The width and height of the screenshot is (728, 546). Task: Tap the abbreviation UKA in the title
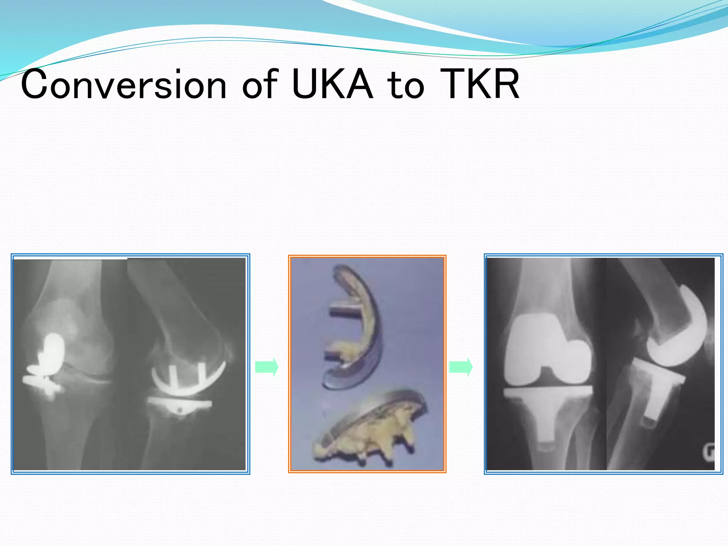point(332,85)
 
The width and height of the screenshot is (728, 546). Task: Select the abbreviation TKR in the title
point(480,85)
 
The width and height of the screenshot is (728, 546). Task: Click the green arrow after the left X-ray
point(267,366)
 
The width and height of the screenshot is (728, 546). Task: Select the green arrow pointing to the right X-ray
point(461,366)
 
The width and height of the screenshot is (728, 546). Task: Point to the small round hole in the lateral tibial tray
point(180,410)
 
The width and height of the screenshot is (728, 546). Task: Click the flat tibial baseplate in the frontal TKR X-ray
point(548,392)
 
